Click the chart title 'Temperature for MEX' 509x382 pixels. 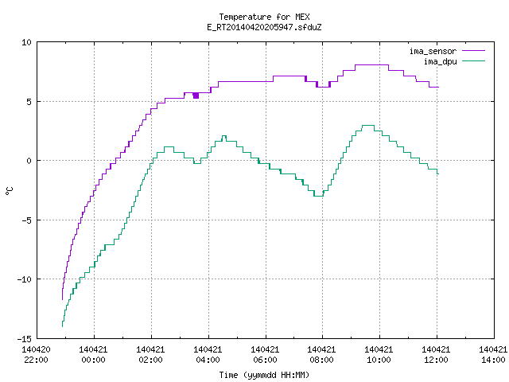(264, 17)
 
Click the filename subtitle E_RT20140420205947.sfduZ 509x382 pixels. (264, 27)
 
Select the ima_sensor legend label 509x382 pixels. (433, 51)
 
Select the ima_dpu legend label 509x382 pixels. (440, 61)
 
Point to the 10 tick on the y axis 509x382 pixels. (26, 42)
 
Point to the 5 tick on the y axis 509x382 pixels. (29, 102)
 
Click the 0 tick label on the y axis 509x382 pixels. (29, 161)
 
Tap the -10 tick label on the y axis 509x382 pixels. (24, 279)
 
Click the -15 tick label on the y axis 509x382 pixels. (24, 339)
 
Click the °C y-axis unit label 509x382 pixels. (10, 191)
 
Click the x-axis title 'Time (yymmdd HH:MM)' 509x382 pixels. (264, 375)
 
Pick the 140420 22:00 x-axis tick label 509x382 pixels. (36, 355)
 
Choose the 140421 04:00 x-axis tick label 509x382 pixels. (208, 355)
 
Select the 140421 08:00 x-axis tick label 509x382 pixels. (321, 355)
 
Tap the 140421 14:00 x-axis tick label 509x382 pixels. (493, 355)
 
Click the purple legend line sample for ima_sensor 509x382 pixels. (474, 51)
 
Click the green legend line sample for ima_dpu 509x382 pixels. (474, 61)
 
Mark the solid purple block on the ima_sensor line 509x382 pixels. (196, 95)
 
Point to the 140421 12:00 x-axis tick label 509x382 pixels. (436, 355)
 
